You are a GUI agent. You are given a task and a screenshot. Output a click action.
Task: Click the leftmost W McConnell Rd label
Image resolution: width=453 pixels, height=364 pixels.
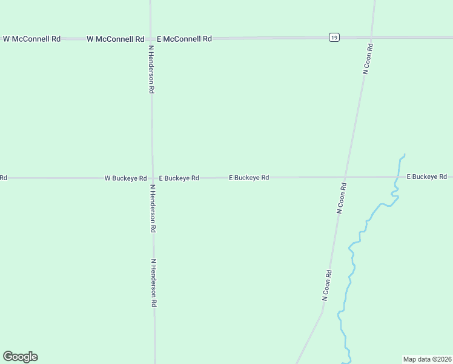[31, 39]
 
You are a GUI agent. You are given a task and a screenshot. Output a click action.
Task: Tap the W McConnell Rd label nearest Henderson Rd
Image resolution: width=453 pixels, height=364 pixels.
[115, 39]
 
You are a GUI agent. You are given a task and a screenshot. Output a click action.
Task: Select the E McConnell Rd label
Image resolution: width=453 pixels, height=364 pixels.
[184, 39]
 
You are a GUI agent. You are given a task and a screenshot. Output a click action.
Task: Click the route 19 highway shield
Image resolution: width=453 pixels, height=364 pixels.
[334, 38]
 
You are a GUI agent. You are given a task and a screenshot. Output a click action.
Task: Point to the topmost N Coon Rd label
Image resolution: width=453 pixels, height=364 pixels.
[367, 59]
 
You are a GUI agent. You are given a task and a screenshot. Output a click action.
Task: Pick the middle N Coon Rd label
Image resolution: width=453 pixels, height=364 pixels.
[342, 198]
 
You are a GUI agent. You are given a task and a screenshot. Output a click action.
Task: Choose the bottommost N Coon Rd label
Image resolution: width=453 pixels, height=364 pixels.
[327, 285]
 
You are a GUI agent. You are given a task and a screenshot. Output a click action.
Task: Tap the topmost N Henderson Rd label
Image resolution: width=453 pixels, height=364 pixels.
[151, 70]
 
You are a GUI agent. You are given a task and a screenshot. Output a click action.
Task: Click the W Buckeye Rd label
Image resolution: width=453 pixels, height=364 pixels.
[125, 178]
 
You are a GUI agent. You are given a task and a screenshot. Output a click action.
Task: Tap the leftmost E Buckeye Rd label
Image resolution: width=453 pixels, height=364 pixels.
[179, 178]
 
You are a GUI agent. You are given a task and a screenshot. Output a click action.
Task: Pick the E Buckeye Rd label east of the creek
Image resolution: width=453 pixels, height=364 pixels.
[426, 177]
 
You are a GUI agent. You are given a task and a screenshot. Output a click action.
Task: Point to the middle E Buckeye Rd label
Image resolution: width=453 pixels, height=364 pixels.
[249, 178]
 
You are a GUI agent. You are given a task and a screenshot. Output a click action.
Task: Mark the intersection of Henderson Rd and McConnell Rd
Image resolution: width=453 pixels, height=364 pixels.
[151, 38]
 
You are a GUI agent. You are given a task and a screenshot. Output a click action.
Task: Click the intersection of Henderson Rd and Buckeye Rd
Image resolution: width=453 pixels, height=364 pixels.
[152, 178]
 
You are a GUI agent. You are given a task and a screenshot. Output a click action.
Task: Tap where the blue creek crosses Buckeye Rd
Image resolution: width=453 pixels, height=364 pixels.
[395, 177]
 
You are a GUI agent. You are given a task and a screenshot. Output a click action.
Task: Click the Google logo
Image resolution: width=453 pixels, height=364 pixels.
[20, 357]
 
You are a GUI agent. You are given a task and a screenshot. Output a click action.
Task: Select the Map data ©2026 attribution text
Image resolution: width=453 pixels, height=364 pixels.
[427, 359]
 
